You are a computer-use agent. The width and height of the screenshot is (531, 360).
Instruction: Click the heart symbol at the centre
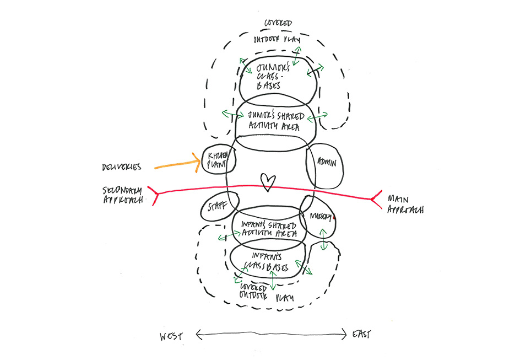click(x=267, y=182)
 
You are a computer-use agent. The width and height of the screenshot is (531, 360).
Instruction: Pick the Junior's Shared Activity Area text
click(x=275, y=121)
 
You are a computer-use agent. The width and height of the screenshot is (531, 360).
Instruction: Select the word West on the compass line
click(x=171, y=335)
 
